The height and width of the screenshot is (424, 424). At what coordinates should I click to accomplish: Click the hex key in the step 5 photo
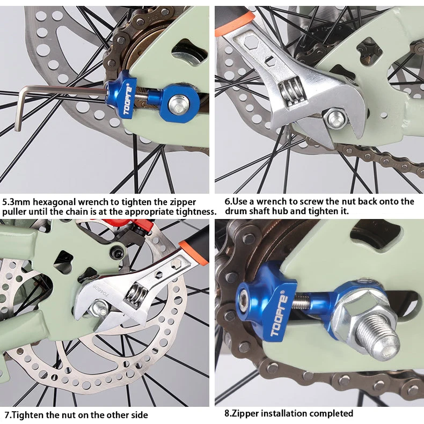(54, 89)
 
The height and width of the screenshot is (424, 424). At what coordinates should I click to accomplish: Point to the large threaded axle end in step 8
(377, 337)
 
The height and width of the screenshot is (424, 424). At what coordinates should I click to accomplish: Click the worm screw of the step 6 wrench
(291, 91)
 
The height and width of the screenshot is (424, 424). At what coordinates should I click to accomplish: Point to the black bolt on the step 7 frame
(118, 253)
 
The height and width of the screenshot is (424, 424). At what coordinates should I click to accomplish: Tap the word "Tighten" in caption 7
(28, 414)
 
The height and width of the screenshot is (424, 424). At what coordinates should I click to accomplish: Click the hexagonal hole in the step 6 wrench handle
(251, 42)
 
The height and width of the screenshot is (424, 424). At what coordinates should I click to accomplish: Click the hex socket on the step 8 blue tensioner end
(245, 299)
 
